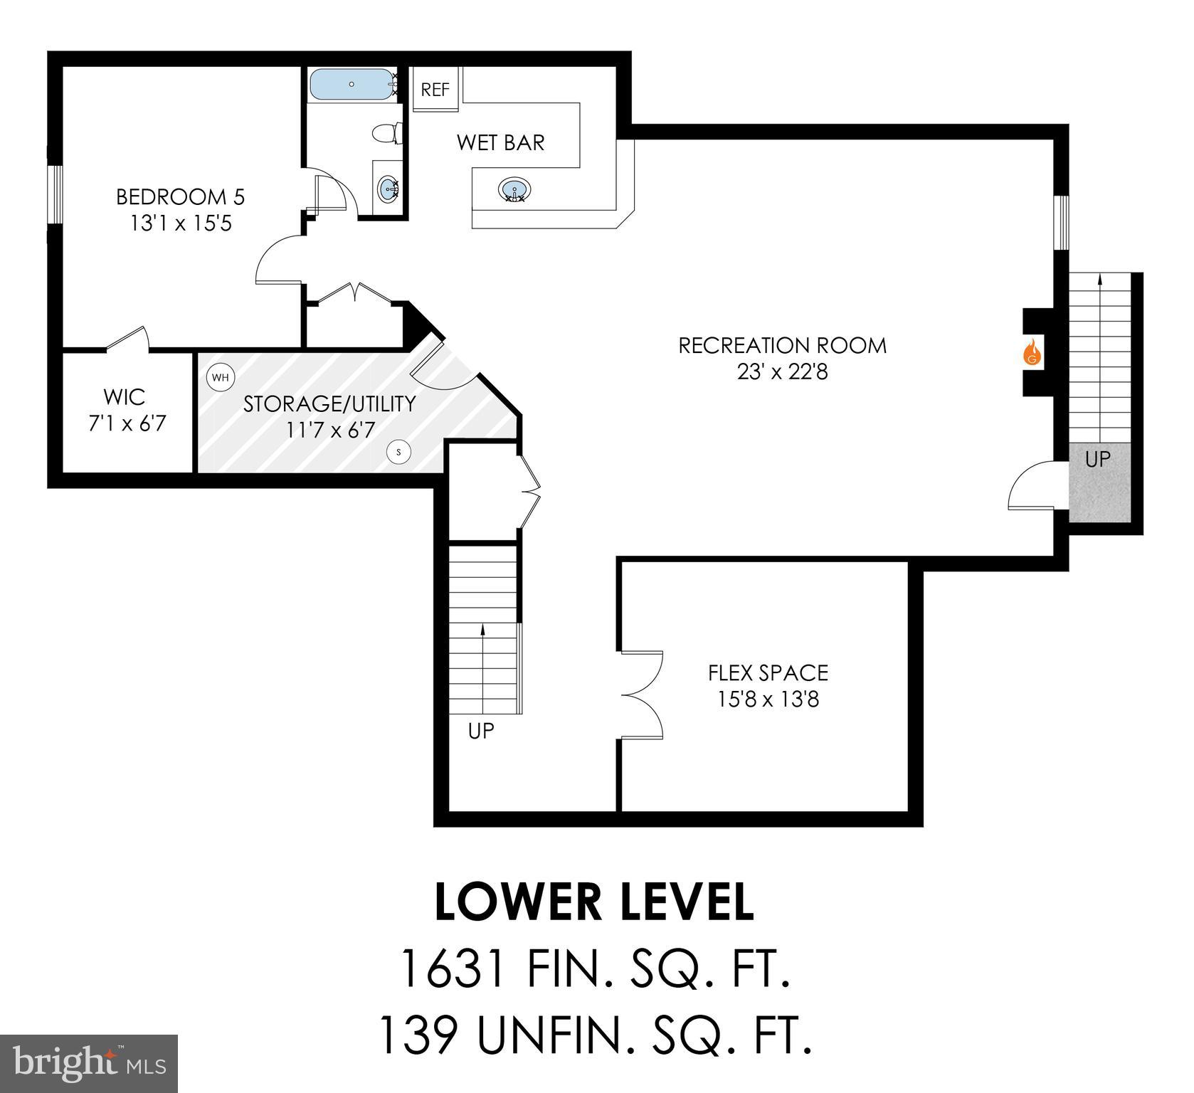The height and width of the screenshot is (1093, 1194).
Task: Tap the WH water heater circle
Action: (221, 377)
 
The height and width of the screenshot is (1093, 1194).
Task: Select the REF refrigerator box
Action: (435, 89)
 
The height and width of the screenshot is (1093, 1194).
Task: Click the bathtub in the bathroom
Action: (352, 85)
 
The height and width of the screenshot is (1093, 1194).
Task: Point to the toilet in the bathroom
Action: (386, 133)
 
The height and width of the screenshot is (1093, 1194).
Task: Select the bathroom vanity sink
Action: (389, 189)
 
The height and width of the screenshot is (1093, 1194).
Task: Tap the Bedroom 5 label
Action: (180, 196)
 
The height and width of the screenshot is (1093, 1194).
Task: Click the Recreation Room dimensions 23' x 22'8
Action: (783, 371)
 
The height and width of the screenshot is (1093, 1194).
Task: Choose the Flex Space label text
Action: (768, 672)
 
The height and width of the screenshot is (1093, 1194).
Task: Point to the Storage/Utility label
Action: (329, 403)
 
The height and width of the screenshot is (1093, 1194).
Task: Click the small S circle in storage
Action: (398, 451)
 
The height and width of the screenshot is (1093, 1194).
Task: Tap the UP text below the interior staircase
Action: (481, 731)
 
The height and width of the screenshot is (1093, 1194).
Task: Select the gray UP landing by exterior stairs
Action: (1098, 482)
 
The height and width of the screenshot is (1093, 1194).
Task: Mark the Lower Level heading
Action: (594, 902)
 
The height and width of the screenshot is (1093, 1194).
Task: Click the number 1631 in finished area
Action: (453, 969)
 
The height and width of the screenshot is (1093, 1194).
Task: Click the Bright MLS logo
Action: (89, 1064)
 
